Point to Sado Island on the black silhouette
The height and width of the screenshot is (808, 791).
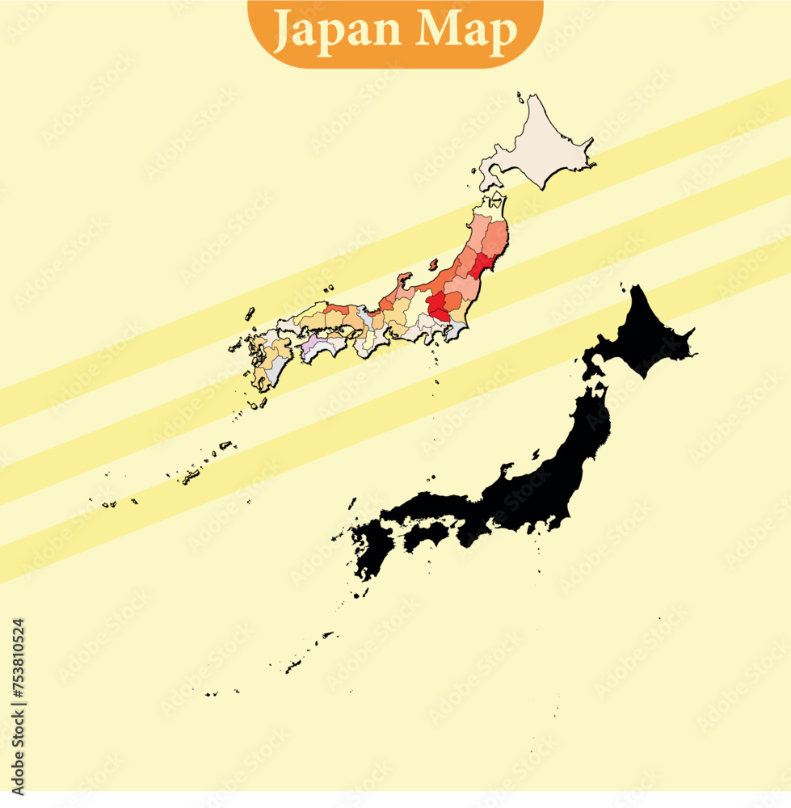pyautogui.click(x=507, y=469)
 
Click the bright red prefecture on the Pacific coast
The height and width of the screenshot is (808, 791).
pyautogui.click(x=483, y=266)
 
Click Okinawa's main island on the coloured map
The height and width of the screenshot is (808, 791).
pyautogui.click(x=191, y=477)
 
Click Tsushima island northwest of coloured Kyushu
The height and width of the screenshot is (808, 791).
pyautogui.click(x=250, y=314)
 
